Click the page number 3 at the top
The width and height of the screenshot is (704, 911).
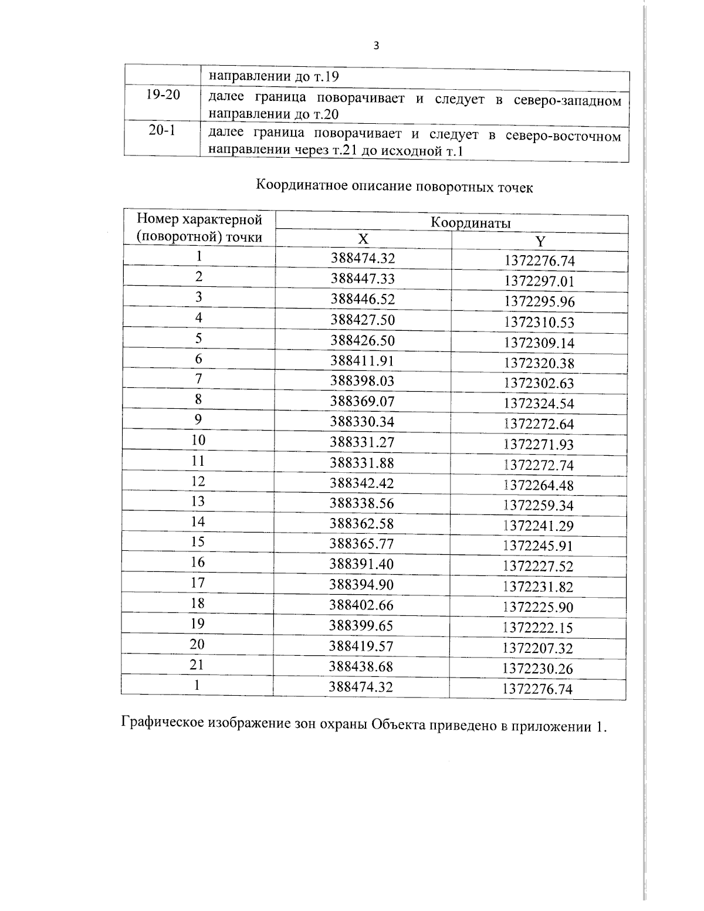[376, 46]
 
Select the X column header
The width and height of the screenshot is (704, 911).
[363, 239]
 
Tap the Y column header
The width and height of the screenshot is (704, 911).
[540, 241]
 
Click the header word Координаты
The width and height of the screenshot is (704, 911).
[471, 223]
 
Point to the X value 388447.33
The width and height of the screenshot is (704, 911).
[362, 279]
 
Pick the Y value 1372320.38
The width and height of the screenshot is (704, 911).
[539, 363]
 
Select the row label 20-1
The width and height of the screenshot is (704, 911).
[162, 130]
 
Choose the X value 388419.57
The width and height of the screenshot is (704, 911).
[361, 646]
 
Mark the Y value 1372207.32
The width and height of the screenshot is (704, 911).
[537, 648]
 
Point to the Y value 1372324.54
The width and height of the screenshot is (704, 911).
[539, 404]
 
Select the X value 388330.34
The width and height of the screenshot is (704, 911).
[362, 422]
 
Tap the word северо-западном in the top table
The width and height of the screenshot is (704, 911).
[567, 100]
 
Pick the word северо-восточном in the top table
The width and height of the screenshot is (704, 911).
[563, 137]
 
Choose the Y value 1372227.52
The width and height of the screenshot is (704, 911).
[538, 566]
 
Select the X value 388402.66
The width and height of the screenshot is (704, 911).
[361, 605]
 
